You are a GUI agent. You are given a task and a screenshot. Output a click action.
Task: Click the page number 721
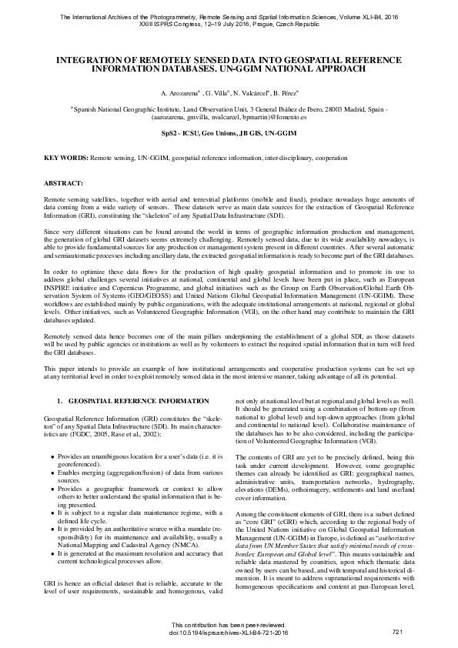tap(397, 631)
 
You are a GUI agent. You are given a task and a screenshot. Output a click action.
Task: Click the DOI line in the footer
tap(229, 632)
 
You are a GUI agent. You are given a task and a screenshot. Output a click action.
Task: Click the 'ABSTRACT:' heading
tap(63, 185)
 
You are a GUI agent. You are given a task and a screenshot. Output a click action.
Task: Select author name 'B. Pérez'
tap(285, 92)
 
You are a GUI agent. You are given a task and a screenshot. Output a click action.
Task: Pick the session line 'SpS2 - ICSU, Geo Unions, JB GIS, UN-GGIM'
tap(229, 133)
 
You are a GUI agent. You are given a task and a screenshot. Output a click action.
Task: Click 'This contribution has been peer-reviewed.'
tap(229, 624)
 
